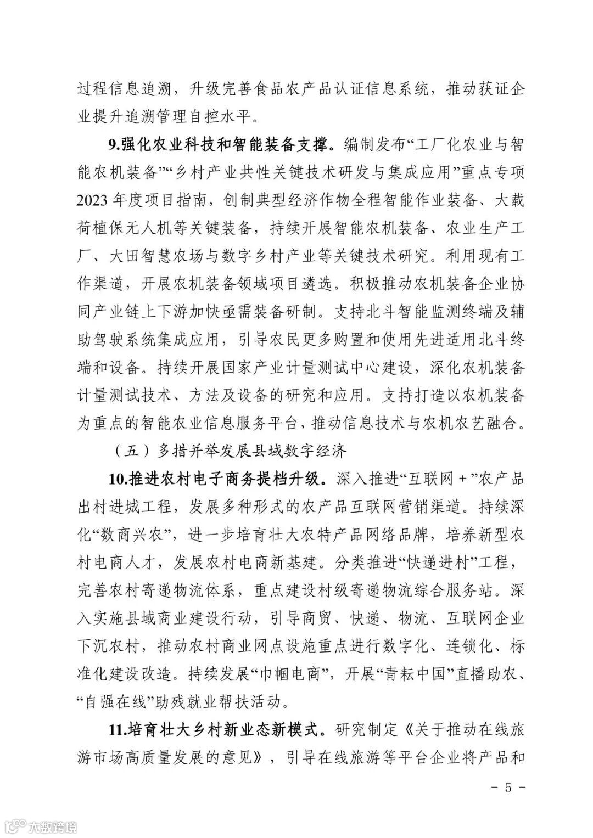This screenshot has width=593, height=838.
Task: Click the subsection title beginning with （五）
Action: [231, 451]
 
